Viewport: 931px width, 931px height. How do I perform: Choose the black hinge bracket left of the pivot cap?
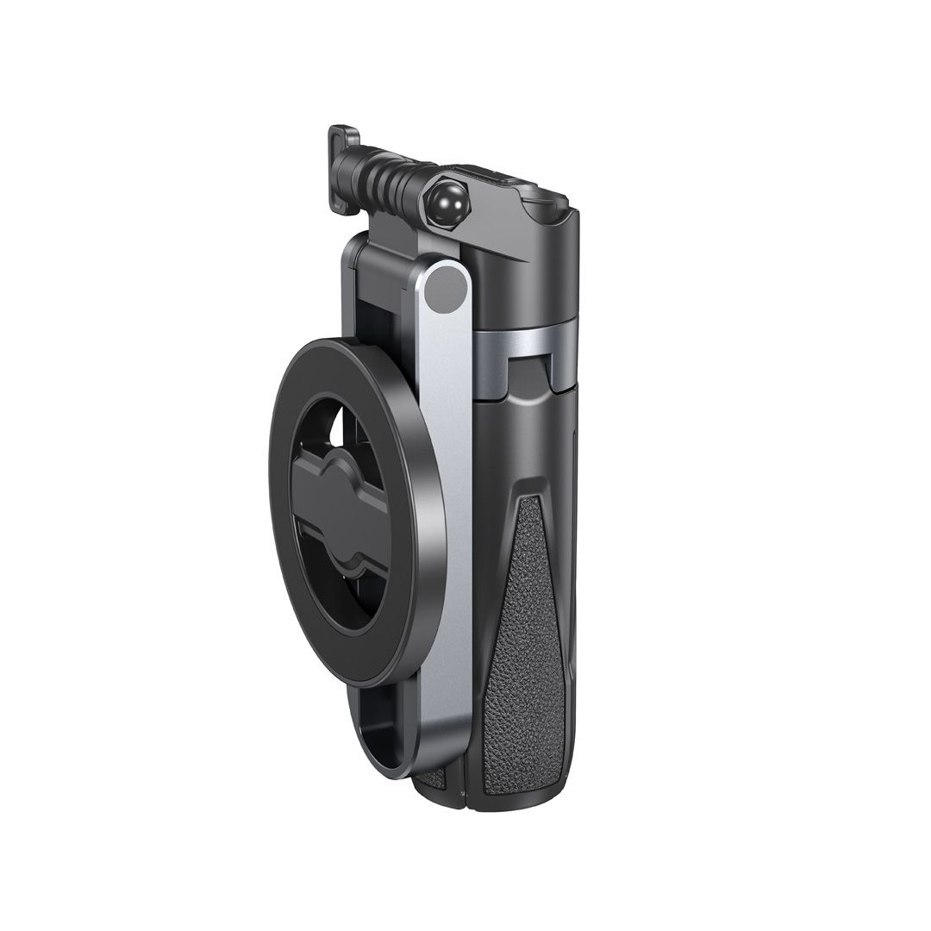(x=388, y=259)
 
